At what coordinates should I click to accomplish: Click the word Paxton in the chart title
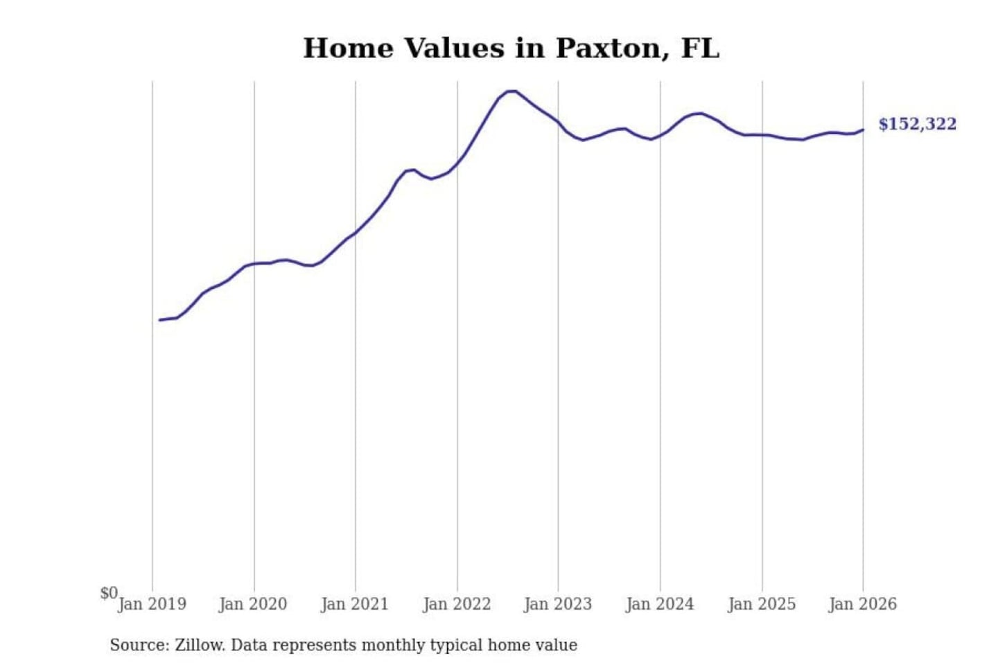point(608,48)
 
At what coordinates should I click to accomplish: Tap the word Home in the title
point(349,48)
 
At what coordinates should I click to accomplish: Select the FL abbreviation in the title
point(700,48)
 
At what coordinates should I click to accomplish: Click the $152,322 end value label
point(917,124)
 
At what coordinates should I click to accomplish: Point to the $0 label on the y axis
point(109,593)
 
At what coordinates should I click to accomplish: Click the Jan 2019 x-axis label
point(152,604)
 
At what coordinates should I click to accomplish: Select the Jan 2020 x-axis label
point(253,604)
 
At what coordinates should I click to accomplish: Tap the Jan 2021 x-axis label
point(355,604)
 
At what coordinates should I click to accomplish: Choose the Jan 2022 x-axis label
point(457,604)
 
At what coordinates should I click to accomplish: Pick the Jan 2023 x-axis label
point(558,604)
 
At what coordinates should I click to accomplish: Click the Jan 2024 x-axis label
point(660,604)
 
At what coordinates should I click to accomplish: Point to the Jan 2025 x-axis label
point(762,604)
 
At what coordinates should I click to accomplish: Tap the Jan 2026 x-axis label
point(863,604)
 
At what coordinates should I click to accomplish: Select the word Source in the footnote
point(139,645)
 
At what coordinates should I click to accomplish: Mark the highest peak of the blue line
point(512,91)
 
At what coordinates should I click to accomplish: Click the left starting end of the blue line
point(159,320)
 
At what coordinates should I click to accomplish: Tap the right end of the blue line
point(863,130)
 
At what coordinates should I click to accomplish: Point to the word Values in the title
point(455,48)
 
